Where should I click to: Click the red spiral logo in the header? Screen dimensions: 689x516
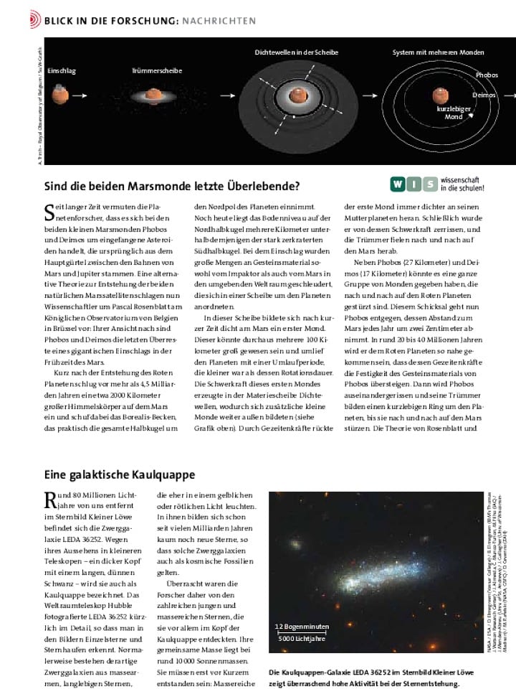34,21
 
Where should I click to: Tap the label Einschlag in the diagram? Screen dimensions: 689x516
62,72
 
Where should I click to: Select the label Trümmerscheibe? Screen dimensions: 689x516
157,71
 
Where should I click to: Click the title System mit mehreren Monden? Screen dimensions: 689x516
438,52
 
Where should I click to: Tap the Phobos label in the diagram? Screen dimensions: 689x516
487,75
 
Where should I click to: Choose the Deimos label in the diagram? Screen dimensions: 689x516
484,95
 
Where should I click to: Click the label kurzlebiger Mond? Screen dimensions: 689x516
454,113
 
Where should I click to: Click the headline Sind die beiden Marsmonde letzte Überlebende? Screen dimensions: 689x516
172,187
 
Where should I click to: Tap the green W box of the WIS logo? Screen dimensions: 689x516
397,185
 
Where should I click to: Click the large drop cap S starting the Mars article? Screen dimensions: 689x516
50,212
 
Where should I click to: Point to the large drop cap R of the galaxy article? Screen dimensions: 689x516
51,500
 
